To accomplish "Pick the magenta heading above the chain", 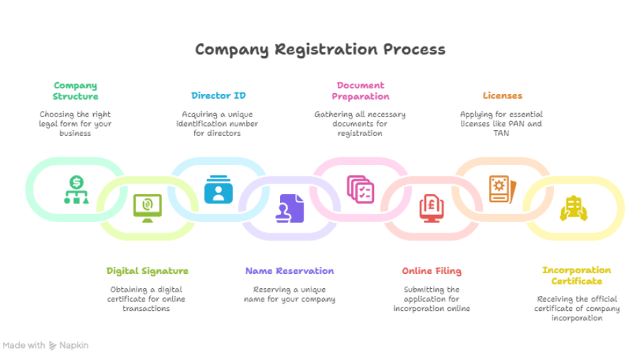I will tap(360, 89).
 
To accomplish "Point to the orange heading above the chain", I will tap(503, 95).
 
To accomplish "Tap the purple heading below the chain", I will tap(287, 272).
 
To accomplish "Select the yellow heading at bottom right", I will tap(575, 275).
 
